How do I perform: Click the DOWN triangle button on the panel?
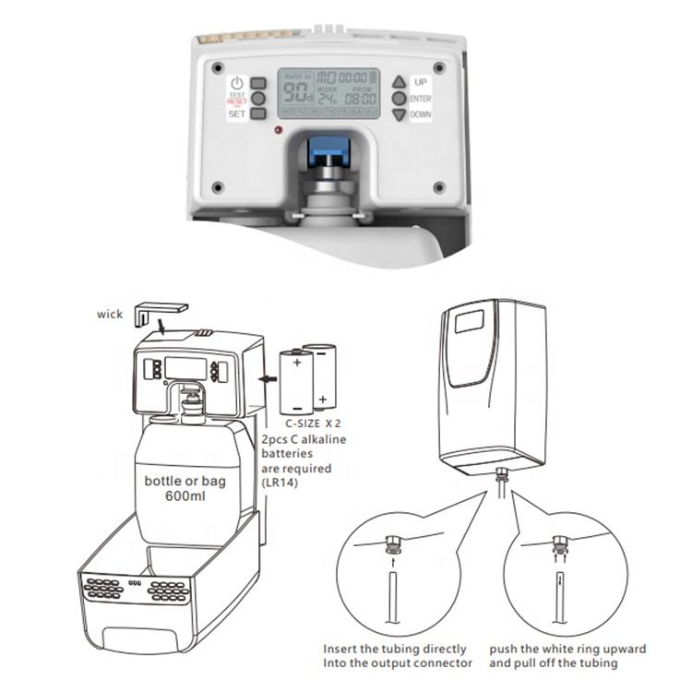(399, 115)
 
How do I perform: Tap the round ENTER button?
(399, 98)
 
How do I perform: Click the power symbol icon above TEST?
(237, 83)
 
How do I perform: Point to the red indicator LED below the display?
(278, 129)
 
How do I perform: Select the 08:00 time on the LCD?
(361, 97)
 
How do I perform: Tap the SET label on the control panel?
(237, 114)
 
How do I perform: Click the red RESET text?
(236, 101)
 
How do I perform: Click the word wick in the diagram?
(109, 314)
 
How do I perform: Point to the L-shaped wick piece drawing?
(159, 312)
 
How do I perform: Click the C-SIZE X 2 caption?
(310, 424)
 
